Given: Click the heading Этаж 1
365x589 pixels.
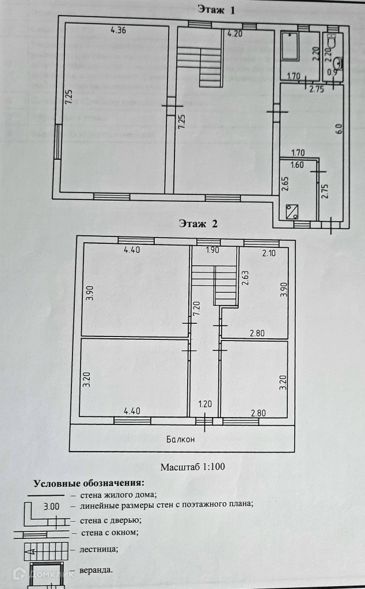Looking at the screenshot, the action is click(x=216, y=9).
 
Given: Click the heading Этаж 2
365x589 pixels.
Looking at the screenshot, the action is click(x=198, y=224).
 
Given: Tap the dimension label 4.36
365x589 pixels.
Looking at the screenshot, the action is click(x=118, y=30).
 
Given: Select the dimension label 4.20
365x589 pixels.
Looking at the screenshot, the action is click(x=234, y=34).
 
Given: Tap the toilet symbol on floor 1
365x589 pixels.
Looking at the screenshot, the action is click(x=332, y=42).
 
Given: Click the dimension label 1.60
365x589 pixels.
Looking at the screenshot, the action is click(x=297, y=165).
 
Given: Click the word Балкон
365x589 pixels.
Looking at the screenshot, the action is click(x=181, y=439).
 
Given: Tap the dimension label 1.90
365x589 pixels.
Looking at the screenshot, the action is click(x=213, y=250).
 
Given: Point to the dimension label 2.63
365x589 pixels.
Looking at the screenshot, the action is click(x=244, y=278).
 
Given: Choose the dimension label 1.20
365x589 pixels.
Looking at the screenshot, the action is click(x=205, y=404).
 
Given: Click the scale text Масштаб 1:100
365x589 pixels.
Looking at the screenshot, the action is click(x=192, y=466).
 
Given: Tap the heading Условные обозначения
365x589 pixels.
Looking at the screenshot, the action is click(x=89, y=483).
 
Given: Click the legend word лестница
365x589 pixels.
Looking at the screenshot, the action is click(x=95, y=549).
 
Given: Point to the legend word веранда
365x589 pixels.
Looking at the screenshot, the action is click(x=92, y=571).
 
